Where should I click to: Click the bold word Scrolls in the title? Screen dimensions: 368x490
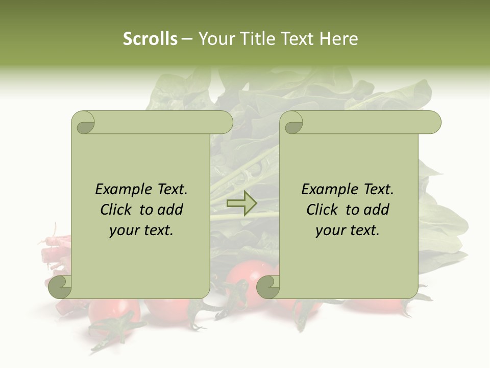point(151,39)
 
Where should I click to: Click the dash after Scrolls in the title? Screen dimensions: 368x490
point(187,39)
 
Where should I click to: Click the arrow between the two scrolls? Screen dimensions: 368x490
point(241,203)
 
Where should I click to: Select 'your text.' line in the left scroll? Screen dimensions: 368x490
point(141,230)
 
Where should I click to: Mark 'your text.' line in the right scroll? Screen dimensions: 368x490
point(348,230)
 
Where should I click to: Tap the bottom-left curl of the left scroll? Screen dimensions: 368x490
point(60,287)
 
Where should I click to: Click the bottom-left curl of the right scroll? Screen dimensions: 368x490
point(268,287)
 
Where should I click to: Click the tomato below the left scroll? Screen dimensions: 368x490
point(115,312)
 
